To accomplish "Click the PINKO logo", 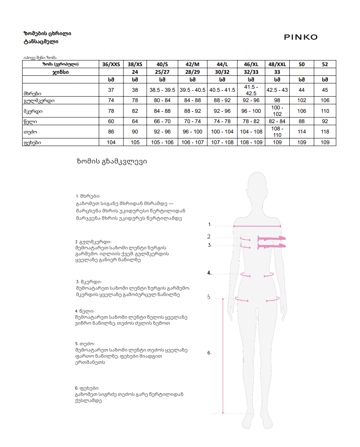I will tap(301, 37).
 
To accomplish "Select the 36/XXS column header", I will tap(111, 64).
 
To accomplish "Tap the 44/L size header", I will tap(222, 64).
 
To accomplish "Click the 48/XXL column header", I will tap(277, 64).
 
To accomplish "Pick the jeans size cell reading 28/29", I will tap(192, 72).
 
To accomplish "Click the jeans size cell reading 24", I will tap(135, 72).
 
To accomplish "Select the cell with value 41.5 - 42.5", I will tap(251, 90).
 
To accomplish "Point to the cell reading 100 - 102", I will tap(277, 111).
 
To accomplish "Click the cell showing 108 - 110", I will tap(277, 132).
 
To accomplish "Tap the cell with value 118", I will tap(325, 132).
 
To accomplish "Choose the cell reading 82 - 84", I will tap(277, 121).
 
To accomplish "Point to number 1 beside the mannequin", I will tap(210, 224).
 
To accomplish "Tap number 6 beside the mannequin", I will tap(209, 353).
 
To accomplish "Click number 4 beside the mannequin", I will tap(209, 273).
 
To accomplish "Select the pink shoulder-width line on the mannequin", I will tap(257, 226).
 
